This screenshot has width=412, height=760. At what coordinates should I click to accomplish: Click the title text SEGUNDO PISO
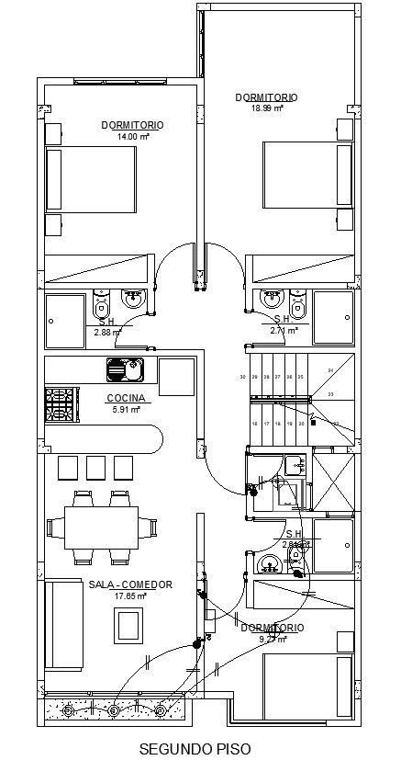(194, 750)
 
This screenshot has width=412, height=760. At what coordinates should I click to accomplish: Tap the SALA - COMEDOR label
(131, 584)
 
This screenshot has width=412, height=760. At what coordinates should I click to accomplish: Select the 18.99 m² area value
(267, 108)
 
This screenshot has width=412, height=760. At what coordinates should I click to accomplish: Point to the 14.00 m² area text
(132, 136)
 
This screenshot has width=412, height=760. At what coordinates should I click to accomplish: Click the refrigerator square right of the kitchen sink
(176, 376)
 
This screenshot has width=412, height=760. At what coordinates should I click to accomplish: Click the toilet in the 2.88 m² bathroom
(101, 301)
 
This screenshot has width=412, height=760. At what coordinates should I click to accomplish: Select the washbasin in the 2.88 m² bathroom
(133, 298)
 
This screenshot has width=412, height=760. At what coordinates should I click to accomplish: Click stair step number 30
(243, 377)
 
